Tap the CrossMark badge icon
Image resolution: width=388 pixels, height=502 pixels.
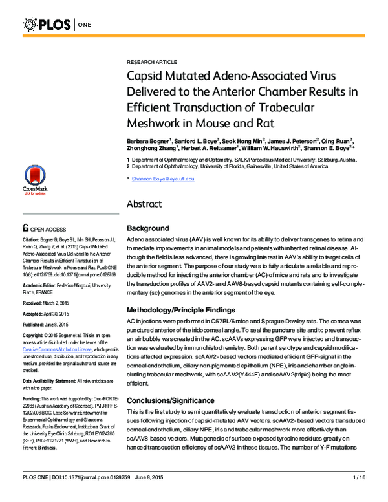[x=34, y=179]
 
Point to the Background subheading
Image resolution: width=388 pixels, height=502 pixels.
[x=148, y=228]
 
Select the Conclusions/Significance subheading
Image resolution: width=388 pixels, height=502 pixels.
[x=172, y=382]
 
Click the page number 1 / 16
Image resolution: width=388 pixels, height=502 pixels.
[x=360, y=495]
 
